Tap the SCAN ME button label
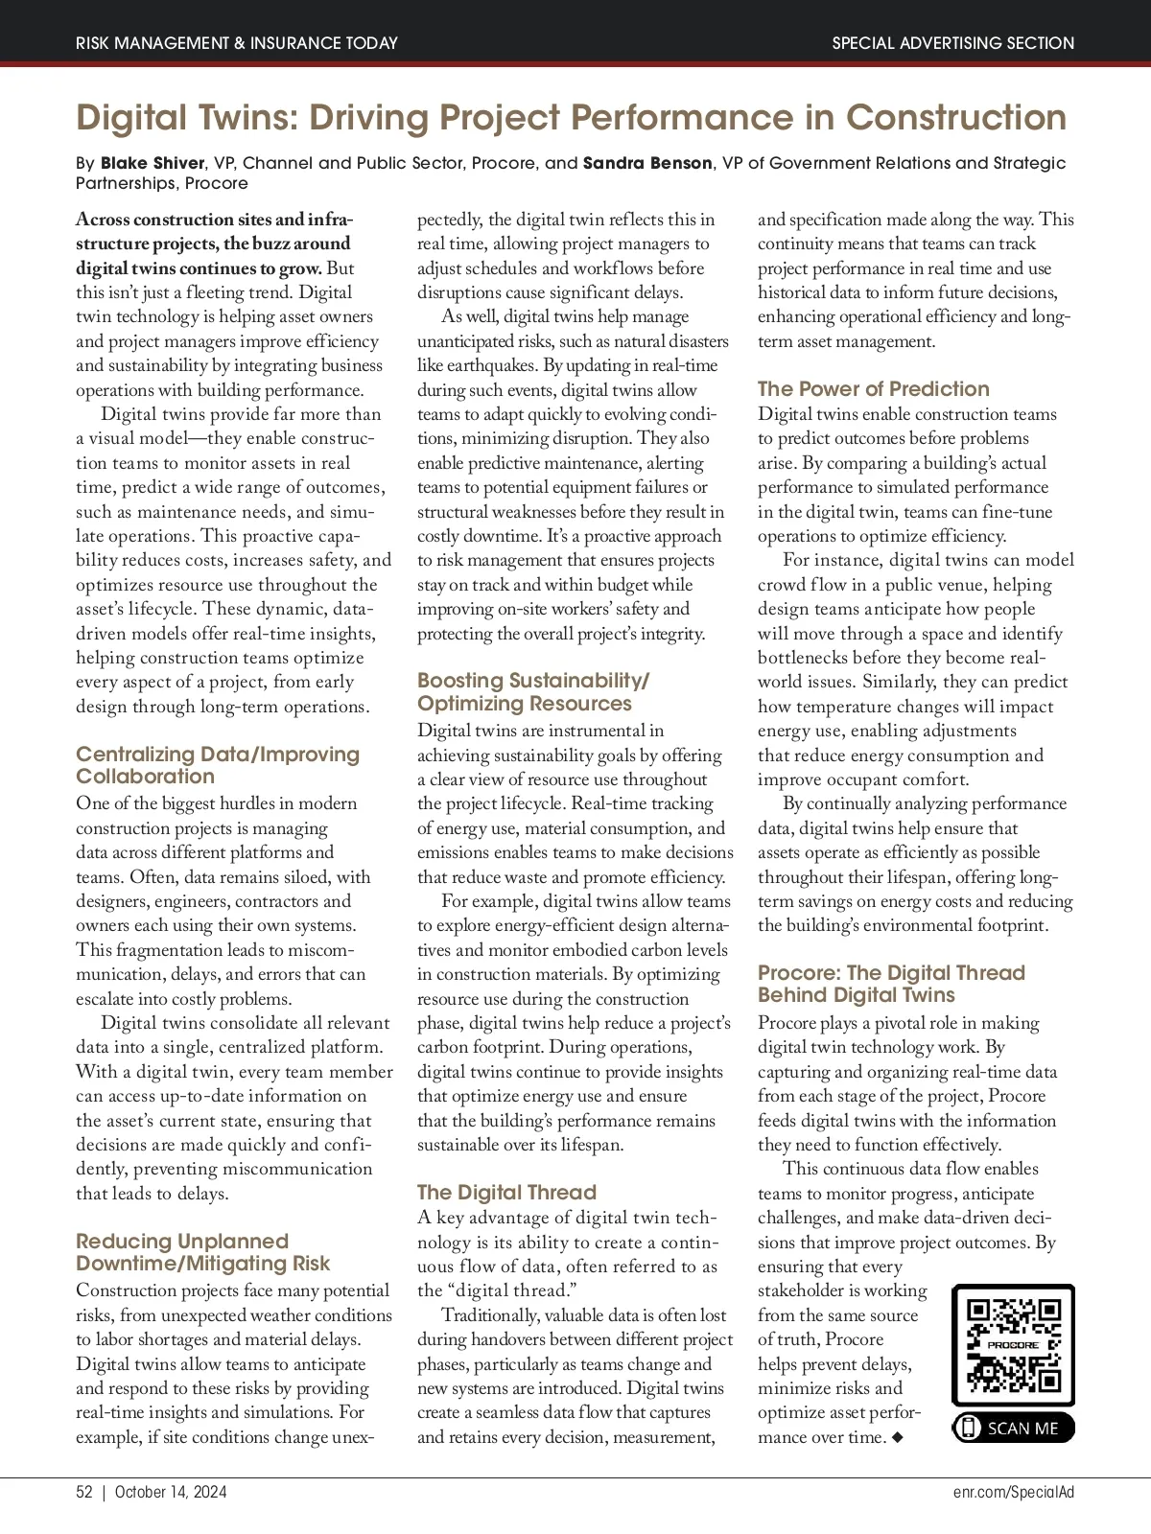(x=1022, y=1429)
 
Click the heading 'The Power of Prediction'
(x=873, y=389)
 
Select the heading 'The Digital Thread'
(x=506, y=1193)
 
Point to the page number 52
(x=84, y=1492)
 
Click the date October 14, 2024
(x=171, y=1492)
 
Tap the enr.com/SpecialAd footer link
(x=1014, y=1492)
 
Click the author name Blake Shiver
(x=153, y=163)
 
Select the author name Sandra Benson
(x=647, y=163)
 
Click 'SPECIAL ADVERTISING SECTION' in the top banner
(x=952, y=43)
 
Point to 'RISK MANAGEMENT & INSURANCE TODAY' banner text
(x=236, y=43)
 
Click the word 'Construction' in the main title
(x=955, y=118)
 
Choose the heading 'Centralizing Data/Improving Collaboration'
(x=218, y=765)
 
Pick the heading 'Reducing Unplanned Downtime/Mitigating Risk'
(x=202, y=1252)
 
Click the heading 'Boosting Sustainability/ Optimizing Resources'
(x=532, y=691)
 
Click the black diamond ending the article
(x=897, y=1438)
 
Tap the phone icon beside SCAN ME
(x=969, y=1429)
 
